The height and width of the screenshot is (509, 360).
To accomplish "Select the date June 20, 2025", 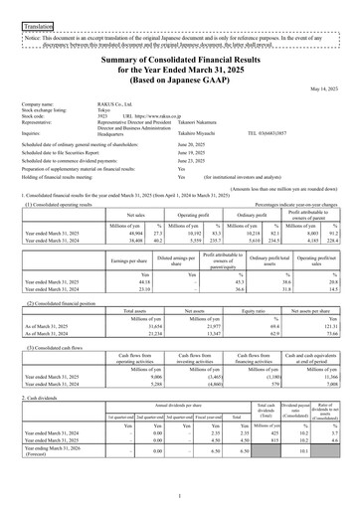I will [193, 145].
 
